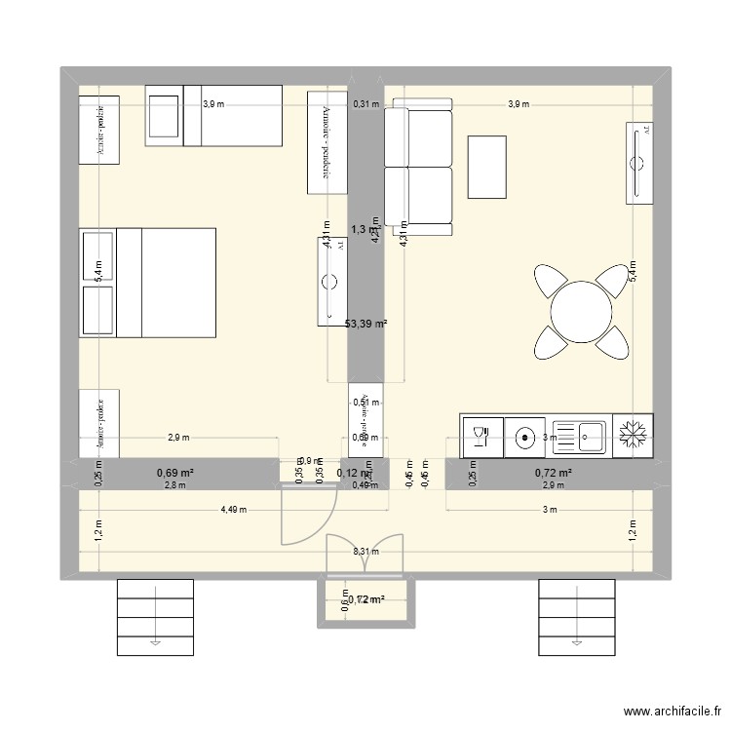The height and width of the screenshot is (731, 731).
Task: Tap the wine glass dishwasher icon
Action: tap(481, 436)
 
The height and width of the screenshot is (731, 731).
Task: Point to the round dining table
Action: tap(581, 312)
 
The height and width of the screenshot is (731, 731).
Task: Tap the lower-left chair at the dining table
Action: tap(549, 343)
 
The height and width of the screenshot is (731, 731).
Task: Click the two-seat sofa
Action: tap(419, 167)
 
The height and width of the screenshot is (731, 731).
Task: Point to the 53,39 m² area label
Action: tap(365, 324)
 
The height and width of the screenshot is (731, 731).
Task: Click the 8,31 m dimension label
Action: tap(365, 551)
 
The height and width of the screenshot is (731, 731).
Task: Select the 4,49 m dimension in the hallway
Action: tap(234, 509)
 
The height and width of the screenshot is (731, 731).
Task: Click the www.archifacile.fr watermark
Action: tap(672, 712)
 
